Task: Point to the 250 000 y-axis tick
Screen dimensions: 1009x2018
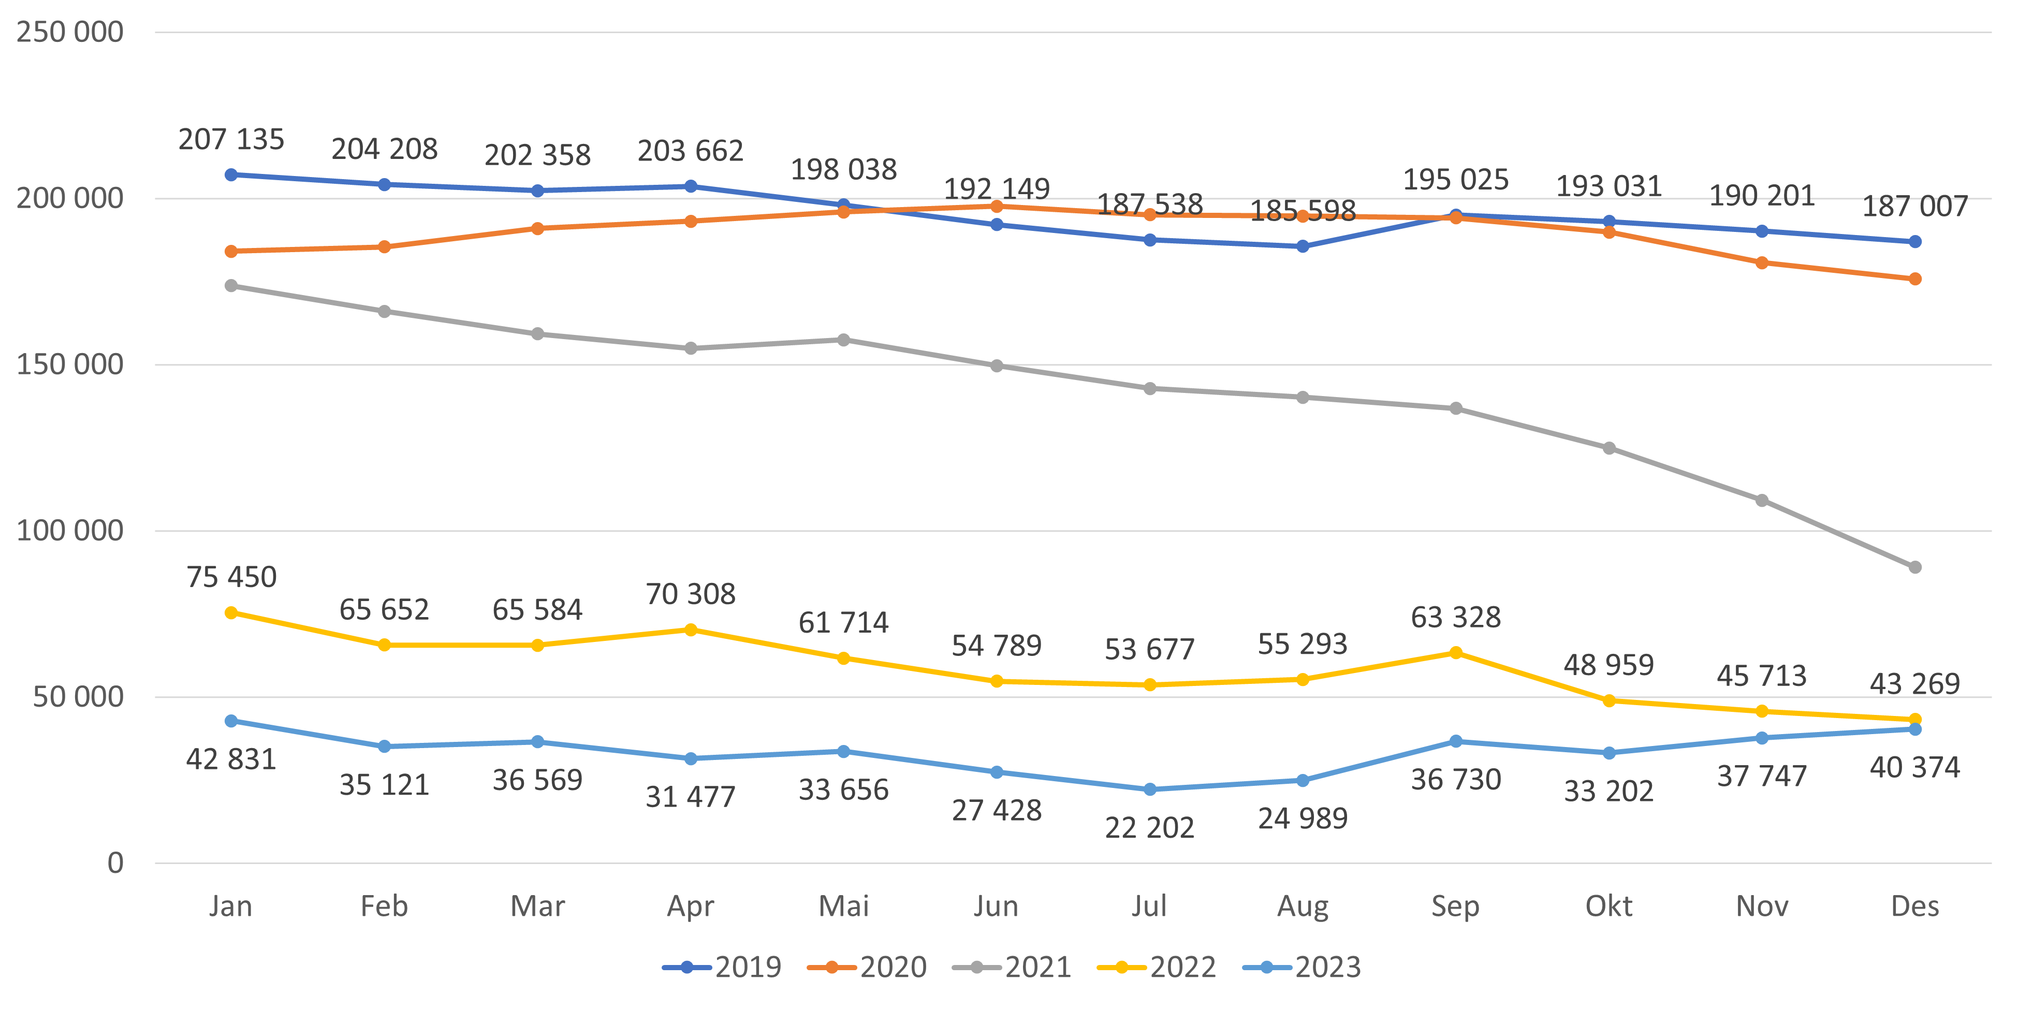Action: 70,32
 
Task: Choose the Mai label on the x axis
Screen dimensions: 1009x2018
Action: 844,906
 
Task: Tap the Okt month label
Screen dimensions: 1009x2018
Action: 1608,906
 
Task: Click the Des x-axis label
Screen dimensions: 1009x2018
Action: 1914,906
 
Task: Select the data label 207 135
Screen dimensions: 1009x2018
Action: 231,139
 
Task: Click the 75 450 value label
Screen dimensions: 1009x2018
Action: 231,577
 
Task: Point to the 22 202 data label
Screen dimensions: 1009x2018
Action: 1149,828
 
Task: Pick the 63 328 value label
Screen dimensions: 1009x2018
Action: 1456,617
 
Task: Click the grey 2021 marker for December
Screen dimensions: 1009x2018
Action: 1914,567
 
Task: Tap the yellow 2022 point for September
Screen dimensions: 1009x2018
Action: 1456,652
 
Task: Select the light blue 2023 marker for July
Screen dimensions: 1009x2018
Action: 1149,789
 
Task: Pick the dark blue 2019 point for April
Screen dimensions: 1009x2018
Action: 690,186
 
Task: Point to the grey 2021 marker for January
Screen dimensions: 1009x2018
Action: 231,286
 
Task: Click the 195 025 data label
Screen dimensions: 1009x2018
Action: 1456,180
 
